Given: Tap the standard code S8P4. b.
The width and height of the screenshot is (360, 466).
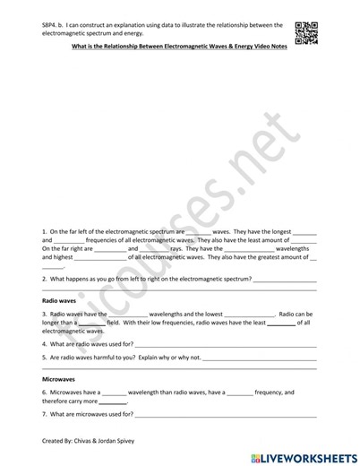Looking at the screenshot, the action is [56, 25].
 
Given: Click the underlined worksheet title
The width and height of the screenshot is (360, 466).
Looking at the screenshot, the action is [179, 50].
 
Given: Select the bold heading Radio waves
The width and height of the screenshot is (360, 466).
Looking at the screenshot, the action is [60, 302].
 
